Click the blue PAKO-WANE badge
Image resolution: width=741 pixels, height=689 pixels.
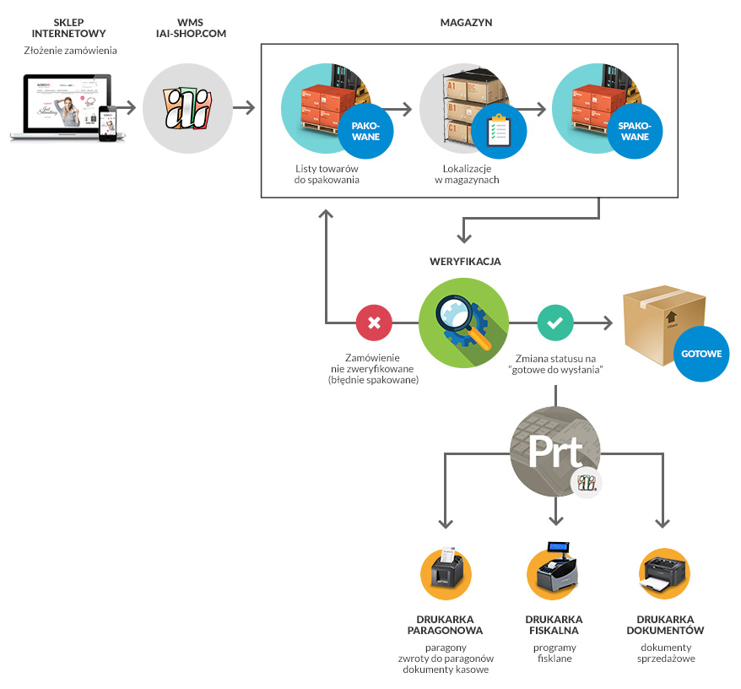[365, 132]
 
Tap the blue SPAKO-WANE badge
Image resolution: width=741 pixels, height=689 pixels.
[635, 132]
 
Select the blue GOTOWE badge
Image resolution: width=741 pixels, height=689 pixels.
[701, 354]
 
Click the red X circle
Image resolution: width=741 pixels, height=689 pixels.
[374, 323]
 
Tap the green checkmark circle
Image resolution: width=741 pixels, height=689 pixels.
[555, 323]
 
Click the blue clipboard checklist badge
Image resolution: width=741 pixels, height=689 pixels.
[499, 132]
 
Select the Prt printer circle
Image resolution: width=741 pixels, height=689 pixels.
[555, 452]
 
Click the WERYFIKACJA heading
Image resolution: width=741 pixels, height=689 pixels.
[465, 262]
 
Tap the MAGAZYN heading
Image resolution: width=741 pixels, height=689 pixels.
[466, 23]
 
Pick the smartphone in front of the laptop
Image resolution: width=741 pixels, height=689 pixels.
[107, 123]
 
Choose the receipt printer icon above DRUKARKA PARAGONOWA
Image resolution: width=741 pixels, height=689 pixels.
[446, 573]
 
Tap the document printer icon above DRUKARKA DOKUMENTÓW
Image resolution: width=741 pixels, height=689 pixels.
[664, 573]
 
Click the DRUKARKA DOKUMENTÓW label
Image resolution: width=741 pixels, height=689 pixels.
[665, 625]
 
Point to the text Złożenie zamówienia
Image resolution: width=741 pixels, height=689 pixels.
[70, 51]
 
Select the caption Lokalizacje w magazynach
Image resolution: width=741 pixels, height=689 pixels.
[467, 174]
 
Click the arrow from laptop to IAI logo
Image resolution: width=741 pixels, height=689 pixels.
[127, 108]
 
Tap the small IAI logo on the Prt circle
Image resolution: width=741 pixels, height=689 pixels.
[586, 483]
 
